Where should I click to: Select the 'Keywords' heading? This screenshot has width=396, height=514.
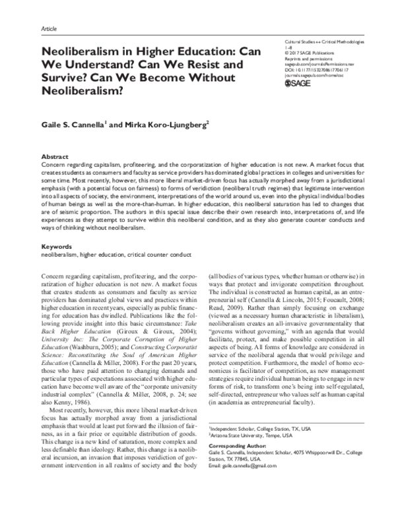coord(57,247)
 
